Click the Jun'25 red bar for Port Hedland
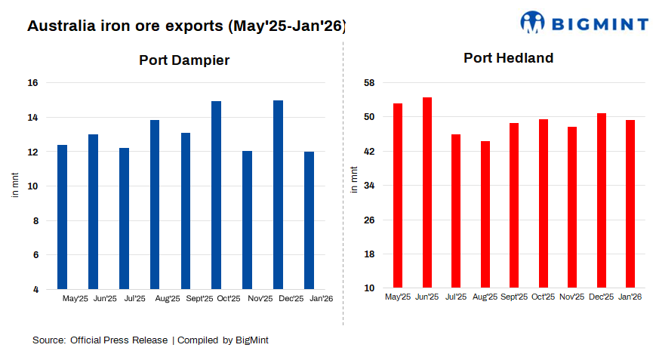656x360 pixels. click(x=427, y=192)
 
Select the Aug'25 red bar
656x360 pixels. click(x=485, y=214)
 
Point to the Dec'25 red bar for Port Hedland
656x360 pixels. click(x=602, y=200)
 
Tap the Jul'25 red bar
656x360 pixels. click(x=456, y=211)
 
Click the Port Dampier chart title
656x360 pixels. click(x=184, y=60)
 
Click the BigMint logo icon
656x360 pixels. click(x=532, y=22)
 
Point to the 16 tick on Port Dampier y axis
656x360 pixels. click(x=34, y=83)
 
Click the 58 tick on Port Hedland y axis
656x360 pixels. click(x=371, y=83)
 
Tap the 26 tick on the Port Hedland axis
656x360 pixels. click(x=371, y=220)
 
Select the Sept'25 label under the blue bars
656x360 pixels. click(x=199, y=299)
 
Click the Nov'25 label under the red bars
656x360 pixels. click(x=571, y=297)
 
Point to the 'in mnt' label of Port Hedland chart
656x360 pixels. click(x=355, y=180)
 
